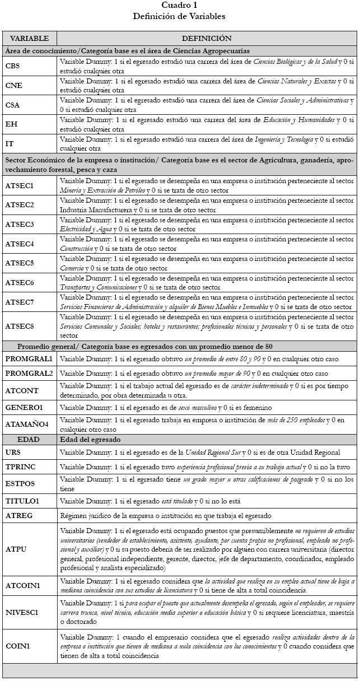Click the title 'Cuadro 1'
coord(179,5)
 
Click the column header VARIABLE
coord(30,39)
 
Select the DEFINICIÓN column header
coord(206,39)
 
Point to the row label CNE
coord(14,86)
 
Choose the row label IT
coord(10,144)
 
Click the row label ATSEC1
coord(20,185)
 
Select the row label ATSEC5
coord(20,263)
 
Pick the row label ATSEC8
coord(20,326)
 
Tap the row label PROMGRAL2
coord(29,374)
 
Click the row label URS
coord(13,453)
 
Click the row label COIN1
coord(17,646)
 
